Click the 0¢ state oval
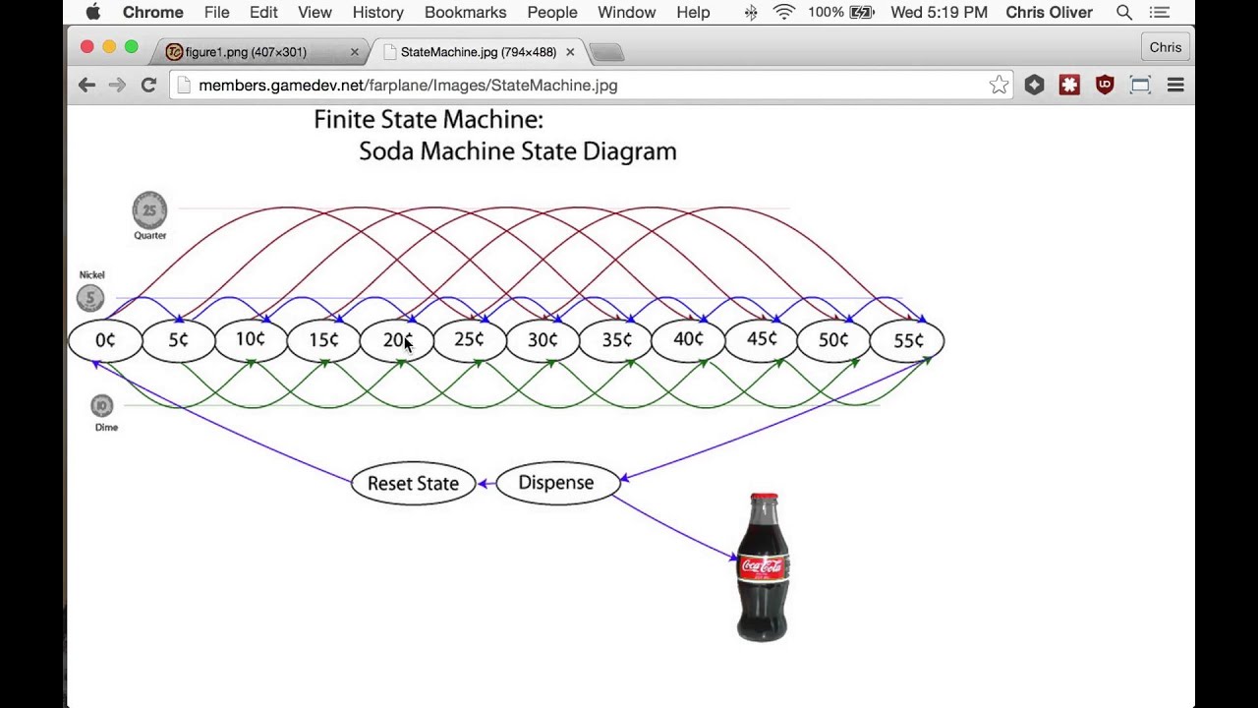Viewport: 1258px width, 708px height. tap(105, 340)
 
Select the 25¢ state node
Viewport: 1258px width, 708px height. tap(469, 340)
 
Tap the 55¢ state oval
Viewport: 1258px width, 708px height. tap(907, 340)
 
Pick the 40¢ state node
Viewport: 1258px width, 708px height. tap(688, 340)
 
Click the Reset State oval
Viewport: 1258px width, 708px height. tap(413, 483)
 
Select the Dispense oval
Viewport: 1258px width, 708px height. tap(556, 483)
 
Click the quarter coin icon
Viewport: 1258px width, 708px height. tap(149, 210)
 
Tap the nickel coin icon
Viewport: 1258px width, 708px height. tap(89, 298)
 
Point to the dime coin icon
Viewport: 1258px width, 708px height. tap(101, 405)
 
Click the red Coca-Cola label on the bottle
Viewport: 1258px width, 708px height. tap(763, 566)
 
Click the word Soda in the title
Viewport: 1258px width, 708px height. tap(386, 151)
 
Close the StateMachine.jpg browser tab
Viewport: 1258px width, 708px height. tap(570, 52)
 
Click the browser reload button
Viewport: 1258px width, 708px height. tap(148, 86)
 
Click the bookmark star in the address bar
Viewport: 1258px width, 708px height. tap(999, 86)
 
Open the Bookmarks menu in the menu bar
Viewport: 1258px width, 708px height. tap(465, 13)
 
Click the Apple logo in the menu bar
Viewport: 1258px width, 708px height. tap(93, 13)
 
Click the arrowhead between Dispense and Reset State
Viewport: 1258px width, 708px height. tap(483, 483)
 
